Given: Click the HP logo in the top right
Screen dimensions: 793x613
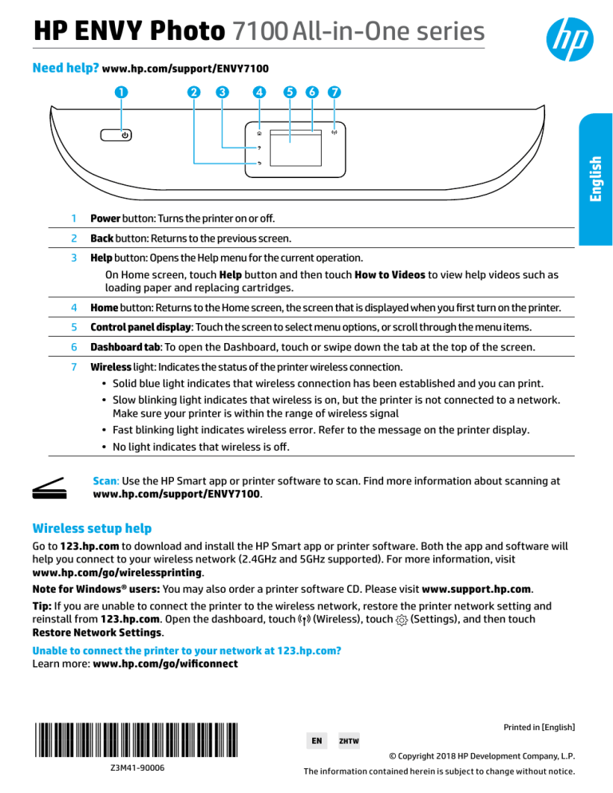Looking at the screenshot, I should coord(568,37).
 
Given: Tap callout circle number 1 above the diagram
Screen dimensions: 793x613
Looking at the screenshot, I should coord(119,91).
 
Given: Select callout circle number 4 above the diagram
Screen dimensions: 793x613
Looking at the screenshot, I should coord(259,91).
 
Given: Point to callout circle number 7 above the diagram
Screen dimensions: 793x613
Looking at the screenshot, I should coord(334,91).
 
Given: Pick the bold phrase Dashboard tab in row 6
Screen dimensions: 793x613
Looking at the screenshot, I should coord(126,348).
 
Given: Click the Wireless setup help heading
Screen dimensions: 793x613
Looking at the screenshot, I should coord(91,527).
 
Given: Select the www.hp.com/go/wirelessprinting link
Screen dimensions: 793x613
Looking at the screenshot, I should coord(117,573).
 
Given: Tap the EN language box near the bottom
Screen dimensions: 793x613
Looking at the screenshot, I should coord(316,740).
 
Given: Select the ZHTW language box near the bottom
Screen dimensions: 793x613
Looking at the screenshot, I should coord(349,740).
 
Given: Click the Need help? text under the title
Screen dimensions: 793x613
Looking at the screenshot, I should coord(65,69).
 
